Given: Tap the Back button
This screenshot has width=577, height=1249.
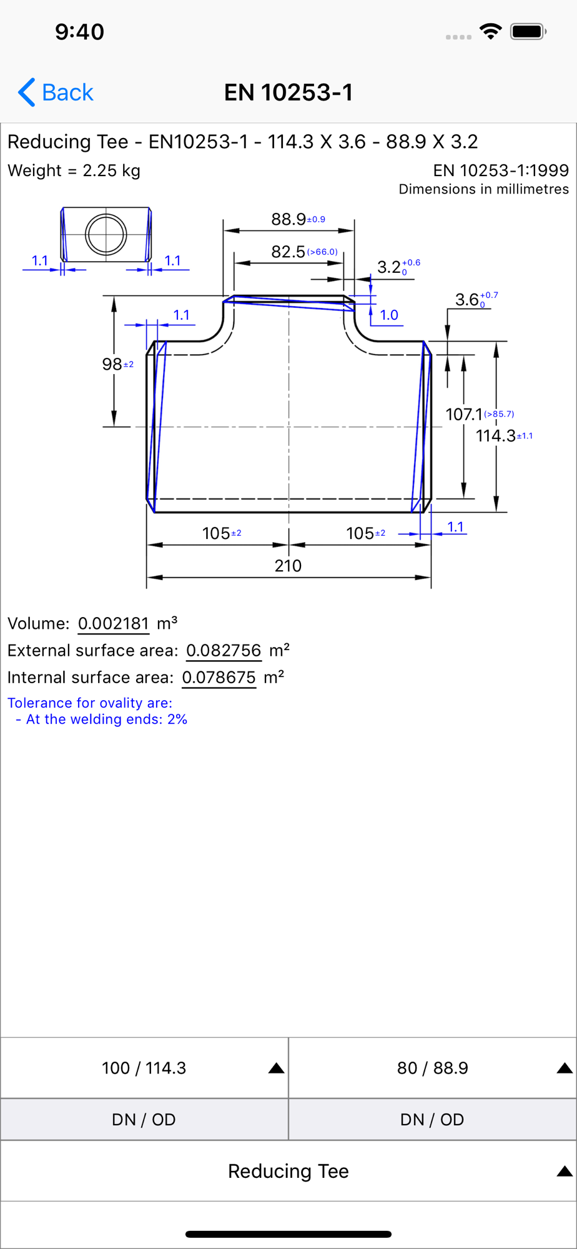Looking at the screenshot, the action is [x=56, y=92].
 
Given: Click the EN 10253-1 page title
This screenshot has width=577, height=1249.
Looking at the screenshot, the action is [x=288, y=92].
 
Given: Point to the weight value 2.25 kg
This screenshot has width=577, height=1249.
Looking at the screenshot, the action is [x=111, y=170].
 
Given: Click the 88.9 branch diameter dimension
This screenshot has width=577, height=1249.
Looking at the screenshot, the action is [x=288, y=219].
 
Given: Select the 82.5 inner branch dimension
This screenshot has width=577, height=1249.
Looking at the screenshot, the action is [x=288, y=252].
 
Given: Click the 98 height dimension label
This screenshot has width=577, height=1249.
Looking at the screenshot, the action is [x=112, y=364].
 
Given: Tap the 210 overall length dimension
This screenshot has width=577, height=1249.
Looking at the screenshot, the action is [x=288, y=566].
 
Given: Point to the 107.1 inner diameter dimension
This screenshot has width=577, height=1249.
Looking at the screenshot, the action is [x=464, y=414].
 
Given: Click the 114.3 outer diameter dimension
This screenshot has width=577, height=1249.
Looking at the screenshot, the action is [x=496, y=436].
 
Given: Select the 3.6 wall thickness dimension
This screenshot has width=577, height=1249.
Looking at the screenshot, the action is [x=467, y=300].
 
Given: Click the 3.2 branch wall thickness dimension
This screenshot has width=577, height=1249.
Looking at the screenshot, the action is [x=389, y=267].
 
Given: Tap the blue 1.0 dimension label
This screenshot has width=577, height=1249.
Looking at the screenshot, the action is [x=389, y=315].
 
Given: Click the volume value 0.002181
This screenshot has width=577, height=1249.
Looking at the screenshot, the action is [x=114, y=623].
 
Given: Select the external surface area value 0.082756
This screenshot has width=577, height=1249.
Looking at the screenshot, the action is [x=224, y=650].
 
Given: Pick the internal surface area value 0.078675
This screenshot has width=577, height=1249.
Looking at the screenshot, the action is [x=219, y=678].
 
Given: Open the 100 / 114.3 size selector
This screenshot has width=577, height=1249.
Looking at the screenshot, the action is [x=144, y=1068].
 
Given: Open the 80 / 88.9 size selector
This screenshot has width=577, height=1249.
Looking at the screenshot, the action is [x=433, y=1068].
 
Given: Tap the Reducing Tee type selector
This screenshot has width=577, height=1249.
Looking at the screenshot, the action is [x=288, y=1171].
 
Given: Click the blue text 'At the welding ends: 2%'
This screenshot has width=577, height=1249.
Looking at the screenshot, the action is [x=107, y=719].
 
